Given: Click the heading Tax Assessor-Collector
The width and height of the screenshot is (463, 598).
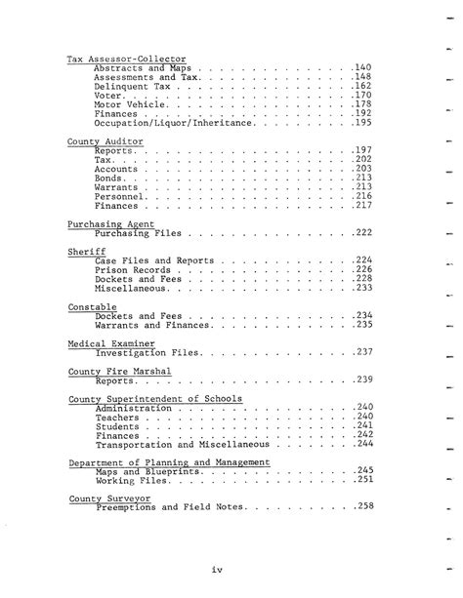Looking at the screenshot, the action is point(126,60).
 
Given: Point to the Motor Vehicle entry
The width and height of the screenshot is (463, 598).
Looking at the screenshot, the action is point(132,104).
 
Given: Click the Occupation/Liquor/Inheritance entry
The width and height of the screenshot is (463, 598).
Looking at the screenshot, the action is point(175,123).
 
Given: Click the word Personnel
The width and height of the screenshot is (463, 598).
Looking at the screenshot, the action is point(120,196).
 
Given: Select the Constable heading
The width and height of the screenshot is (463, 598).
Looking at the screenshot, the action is point(87,306).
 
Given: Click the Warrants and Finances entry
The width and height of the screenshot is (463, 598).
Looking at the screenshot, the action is point(152,325).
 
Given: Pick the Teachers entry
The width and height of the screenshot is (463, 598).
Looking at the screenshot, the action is point(116,417).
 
